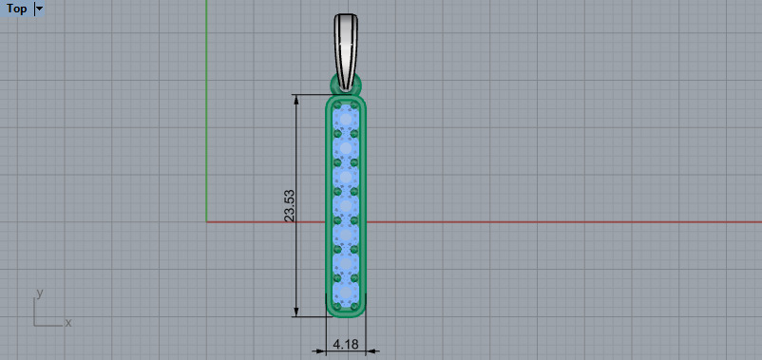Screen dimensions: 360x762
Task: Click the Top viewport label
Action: (x=16, y=9)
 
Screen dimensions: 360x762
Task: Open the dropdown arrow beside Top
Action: (x=39, y=9)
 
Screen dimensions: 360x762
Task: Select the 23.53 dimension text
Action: (x=290, y=206)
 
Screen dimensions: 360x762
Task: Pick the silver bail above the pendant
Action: (x=346, y=43)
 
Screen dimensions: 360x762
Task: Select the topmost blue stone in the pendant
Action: (x=346, y=115)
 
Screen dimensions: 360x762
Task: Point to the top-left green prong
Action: (x=337, y=104)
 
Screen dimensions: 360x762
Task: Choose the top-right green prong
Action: (x=354, y=104)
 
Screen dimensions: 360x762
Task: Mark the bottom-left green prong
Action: (x=337, y=307)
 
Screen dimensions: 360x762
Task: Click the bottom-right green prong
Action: (x=354, y=307)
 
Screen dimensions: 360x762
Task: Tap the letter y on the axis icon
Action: (x=39, y=293)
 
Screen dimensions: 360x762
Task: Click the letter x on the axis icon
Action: (x=68, y=323)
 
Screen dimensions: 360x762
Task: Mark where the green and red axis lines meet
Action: (x=207, y=221)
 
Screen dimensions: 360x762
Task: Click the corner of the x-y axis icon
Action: (x=35, y=325)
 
